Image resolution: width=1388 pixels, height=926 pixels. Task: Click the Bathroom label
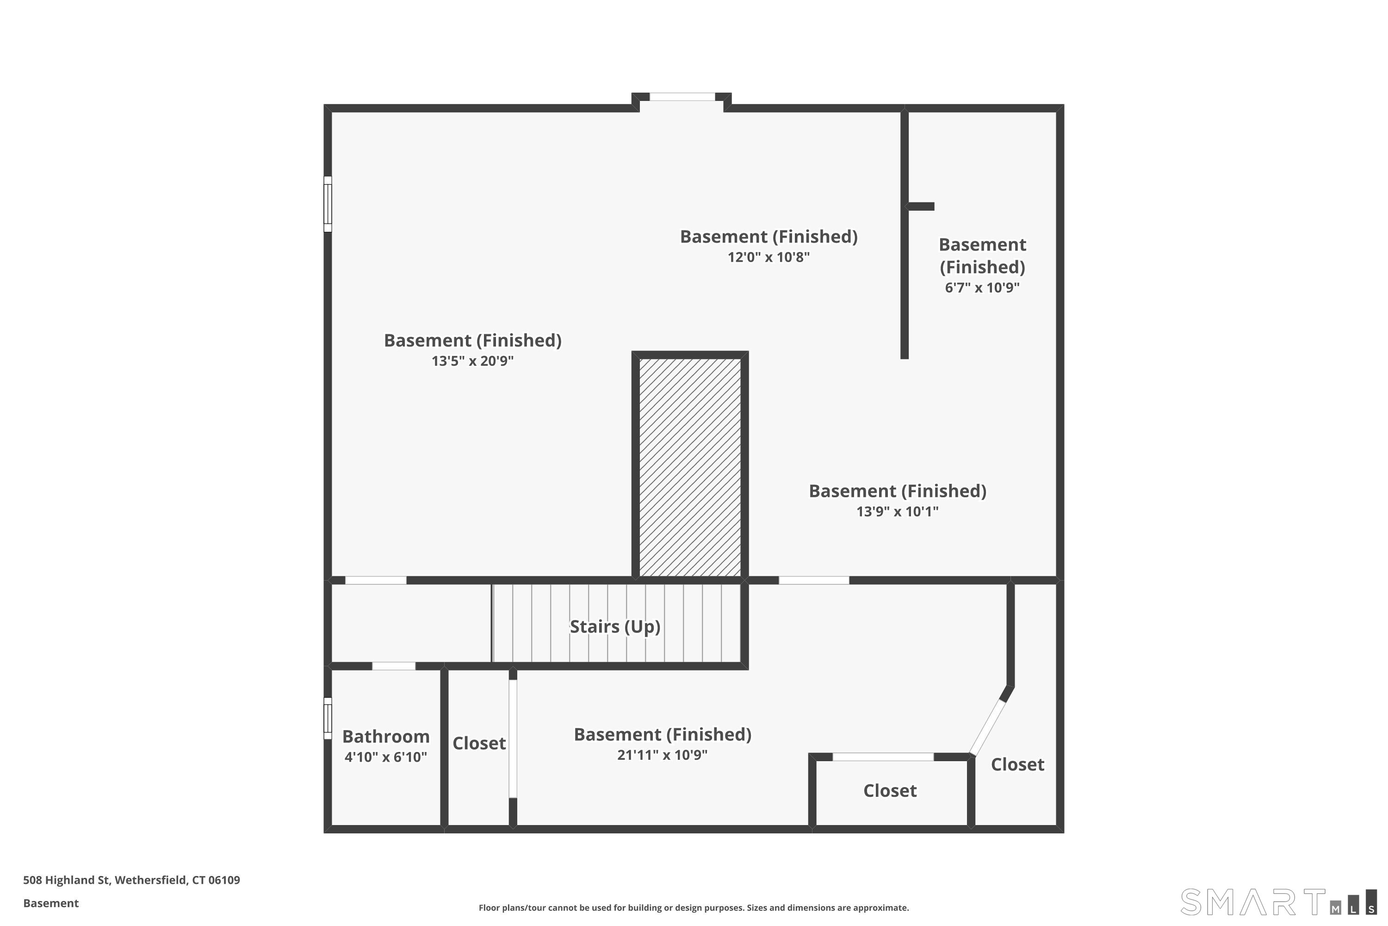(385, 737)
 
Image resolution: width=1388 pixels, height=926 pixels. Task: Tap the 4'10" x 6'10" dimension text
(385, 757)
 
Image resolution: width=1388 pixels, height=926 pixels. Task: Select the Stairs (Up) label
(614, 626)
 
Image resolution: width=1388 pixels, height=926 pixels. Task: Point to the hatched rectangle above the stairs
(690, 467)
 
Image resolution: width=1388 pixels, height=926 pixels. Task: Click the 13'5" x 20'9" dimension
(472, 361)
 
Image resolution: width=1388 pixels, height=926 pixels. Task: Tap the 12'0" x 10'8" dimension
(768, 257)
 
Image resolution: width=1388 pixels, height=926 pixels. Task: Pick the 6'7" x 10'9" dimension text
(982, 288)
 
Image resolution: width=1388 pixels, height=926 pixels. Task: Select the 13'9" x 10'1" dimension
(897, 512)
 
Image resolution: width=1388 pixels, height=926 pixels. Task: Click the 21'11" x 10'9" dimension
(662, 755)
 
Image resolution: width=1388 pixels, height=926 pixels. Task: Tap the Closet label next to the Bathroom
(478, 743)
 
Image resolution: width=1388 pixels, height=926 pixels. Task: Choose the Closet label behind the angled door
(1017, 764)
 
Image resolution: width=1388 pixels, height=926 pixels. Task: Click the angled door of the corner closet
(987, 727)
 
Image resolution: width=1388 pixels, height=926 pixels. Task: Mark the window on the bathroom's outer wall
(328, 718)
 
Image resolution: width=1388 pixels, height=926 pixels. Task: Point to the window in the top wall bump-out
(682, 97)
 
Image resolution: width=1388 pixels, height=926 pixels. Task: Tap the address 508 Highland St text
(131, 880)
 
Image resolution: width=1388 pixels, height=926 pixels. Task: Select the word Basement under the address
(51, 903)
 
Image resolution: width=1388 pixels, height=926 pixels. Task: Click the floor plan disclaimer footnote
(694, 907)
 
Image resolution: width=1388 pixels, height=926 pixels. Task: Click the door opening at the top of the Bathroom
(394, 666)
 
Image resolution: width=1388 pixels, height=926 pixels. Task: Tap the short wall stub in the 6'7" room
(921, 206)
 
